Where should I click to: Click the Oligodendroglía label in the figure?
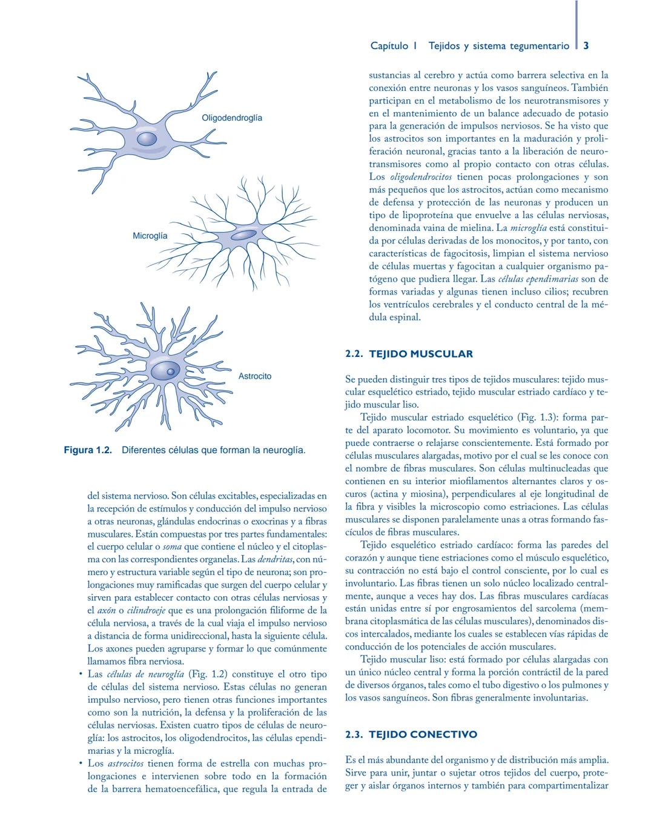(232, 118)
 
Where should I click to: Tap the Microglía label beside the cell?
(150, 236)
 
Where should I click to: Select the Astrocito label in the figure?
(255, 376)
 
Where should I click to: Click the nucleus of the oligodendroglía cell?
(147, 139)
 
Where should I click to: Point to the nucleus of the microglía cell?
(243, 234)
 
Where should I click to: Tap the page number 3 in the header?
(586, 46)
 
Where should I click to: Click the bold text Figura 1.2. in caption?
(88, 451)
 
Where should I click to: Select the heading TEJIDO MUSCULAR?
(421, 354)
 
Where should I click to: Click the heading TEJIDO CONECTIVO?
(423, 734)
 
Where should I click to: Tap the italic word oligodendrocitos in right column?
(421, 178)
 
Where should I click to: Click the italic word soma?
(173, 547)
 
